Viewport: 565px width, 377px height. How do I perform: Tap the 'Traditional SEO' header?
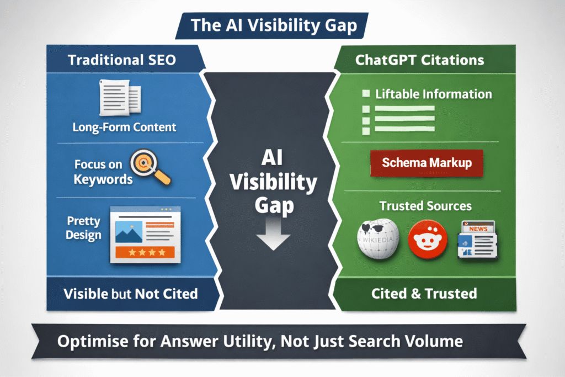coord(122,60)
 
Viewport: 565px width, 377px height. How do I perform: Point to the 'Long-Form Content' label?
coord(124,127)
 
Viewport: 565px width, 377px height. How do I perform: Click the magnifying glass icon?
coord(151,169)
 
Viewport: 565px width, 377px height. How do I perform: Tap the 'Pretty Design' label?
coord(83,228)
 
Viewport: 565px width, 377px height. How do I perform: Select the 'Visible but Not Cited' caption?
coord(131,293)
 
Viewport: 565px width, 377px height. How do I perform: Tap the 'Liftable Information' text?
coord(433,94)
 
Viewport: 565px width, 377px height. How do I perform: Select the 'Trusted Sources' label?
coord(425,206)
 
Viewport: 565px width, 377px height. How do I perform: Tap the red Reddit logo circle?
coord(425,240)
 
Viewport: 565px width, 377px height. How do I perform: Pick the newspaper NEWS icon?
coord(476,239)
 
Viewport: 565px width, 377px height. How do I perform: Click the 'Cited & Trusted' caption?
coord(425,293)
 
